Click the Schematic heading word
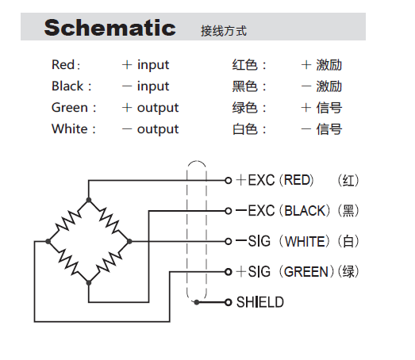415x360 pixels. [110, 29]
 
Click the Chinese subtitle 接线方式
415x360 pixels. [225, 32]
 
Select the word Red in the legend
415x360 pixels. [64, 65]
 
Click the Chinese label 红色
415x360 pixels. [244, 65]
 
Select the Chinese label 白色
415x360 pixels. [244, 129]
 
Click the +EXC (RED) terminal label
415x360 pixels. [275, 180]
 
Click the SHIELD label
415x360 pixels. [259, 302]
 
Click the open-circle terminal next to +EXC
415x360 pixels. [229, 180]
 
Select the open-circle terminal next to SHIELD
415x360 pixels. [229, 302]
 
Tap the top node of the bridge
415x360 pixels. [89, 200]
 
